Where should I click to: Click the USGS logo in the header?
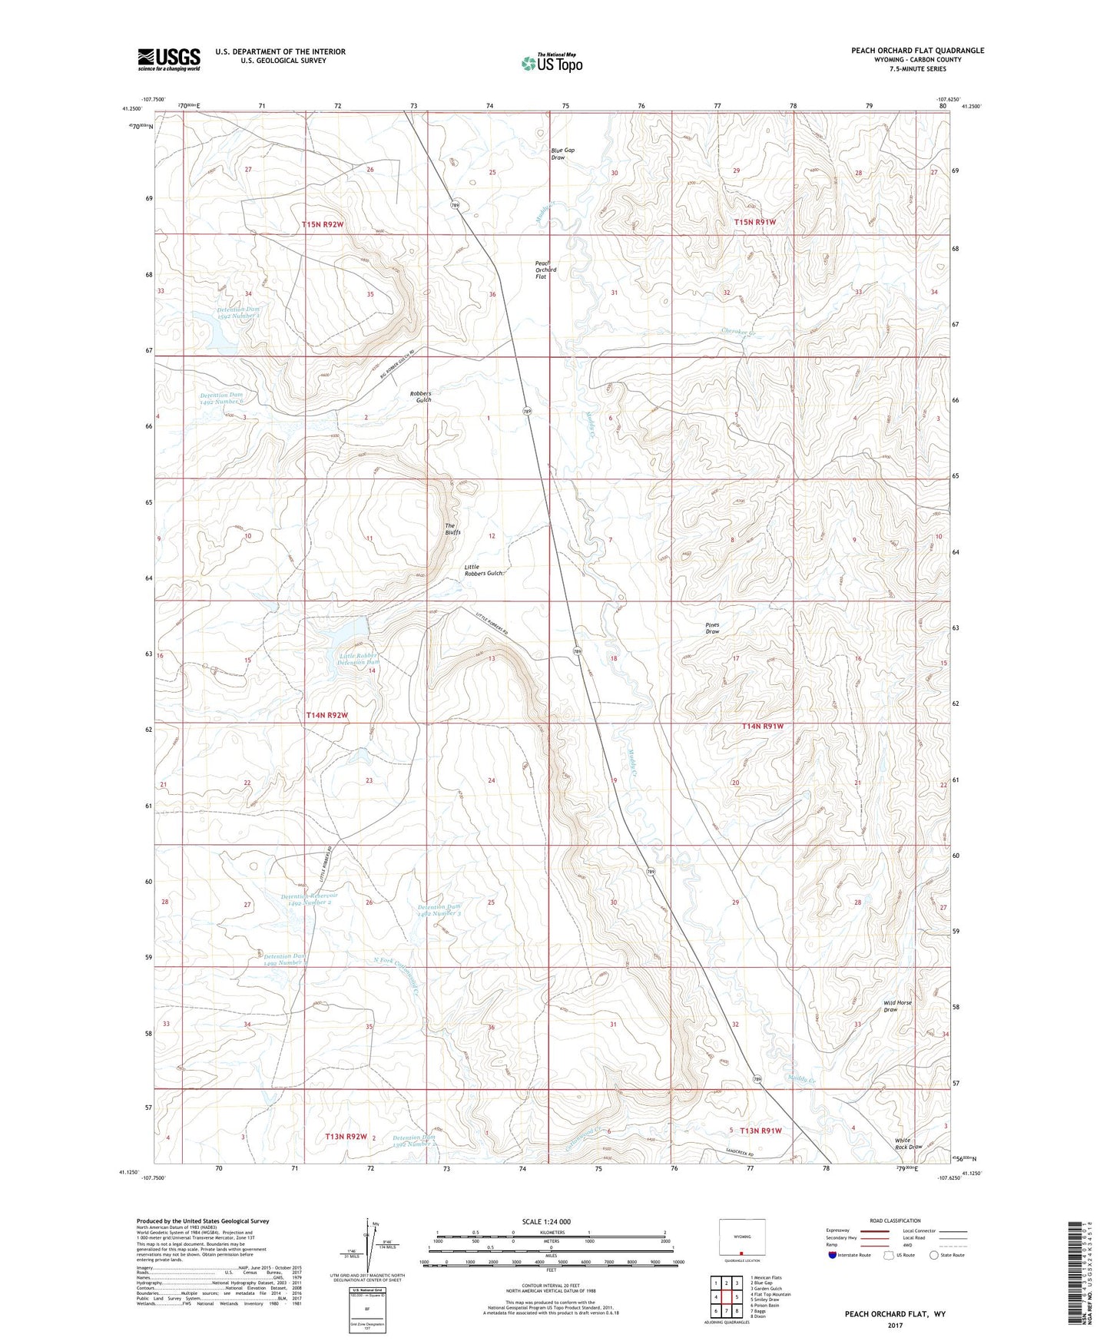pos(169,58)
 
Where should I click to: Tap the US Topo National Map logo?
pos(551,62)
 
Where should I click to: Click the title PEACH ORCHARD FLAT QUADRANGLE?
pos(917,51)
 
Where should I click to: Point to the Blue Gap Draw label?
pos(562,154)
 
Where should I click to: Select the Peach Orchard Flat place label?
pos(545,270)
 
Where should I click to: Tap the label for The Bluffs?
pos(453,528)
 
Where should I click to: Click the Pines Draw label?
pos(712,628)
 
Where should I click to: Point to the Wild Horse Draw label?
pos(897,1006)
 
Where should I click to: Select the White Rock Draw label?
pos(908,1144)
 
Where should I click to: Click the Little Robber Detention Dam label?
pos(359,659)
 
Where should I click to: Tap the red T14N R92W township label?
pos(327,715)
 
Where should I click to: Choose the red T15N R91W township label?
pos(755,222)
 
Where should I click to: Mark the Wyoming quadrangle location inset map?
pos(741,1240)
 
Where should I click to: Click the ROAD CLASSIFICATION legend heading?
pos(895,1220)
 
